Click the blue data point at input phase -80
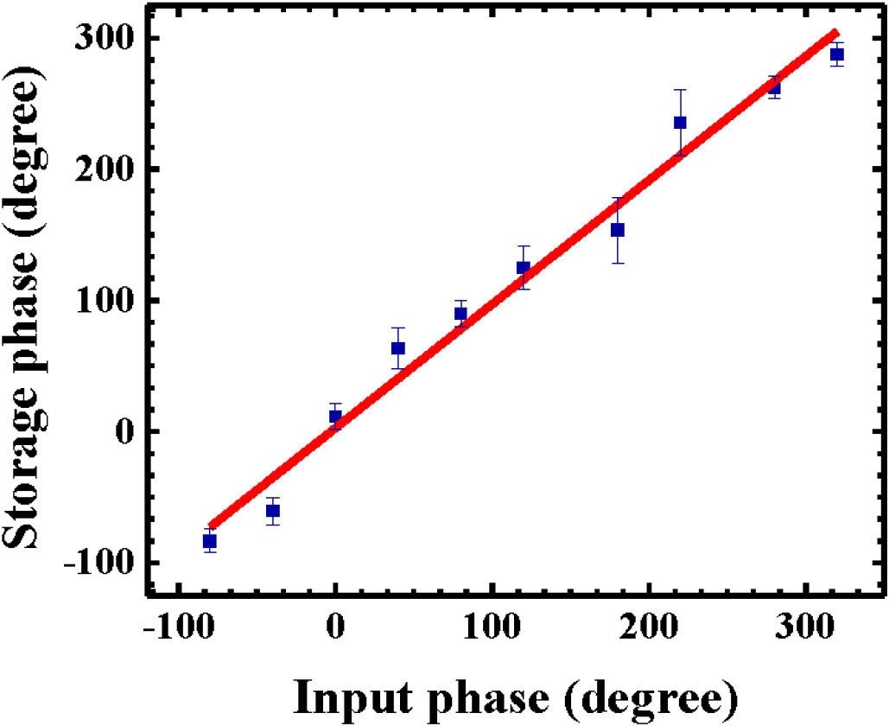[209, 541]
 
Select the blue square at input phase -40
[273, 511]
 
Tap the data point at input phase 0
[335, 417]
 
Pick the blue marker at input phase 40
[398, 348]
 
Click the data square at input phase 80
[460, 314]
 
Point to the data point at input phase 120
[523, 268]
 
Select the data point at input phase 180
[618, 230]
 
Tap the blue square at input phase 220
[680, 123]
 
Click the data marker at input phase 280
[774, 87]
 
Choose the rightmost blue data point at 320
[836, 54]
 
